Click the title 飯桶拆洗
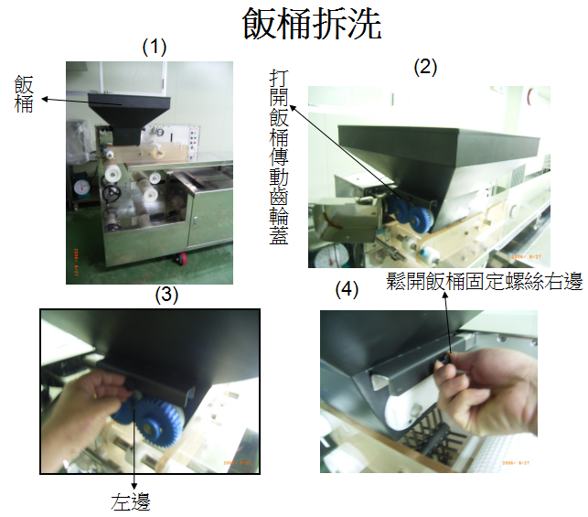312,24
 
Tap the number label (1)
155,48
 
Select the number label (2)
425,68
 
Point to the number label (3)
166,294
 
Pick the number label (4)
347,290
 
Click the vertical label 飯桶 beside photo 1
24,94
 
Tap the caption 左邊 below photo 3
131,501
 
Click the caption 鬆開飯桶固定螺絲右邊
484,281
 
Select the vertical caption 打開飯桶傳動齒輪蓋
279,156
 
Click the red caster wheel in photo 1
181,258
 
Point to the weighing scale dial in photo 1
81,188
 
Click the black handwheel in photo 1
112,194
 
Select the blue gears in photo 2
409,215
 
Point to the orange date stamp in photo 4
516,463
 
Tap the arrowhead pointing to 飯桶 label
45,99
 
